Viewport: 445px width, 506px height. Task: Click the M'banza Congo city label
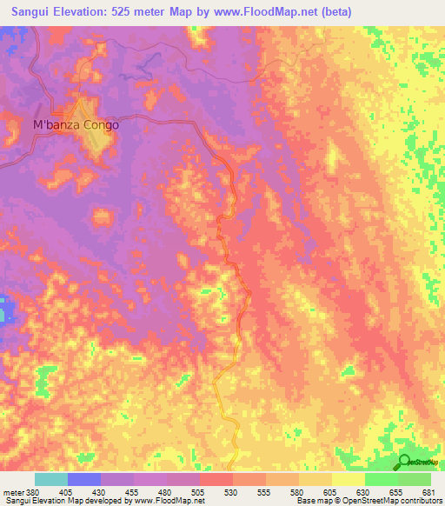76,124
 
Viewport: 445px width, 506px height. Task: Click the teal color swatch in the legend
51,479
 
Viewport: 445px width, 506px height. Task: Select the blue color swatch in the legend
84,479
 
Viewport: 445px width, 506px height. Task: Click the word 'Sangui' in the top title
35,12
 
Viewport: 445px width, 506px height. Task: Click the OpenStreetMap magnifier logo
405,461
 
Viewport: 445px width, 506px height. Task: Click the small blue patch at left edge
3,310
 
